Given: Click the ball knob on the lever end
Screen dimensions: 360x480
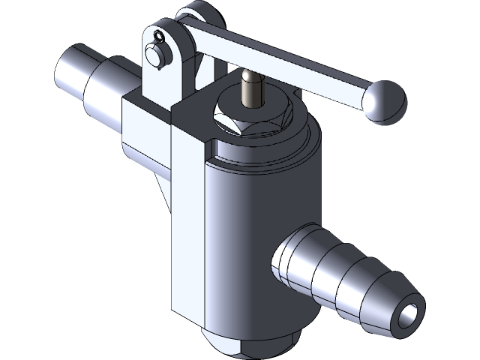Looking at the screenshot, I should pos(385,99).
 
